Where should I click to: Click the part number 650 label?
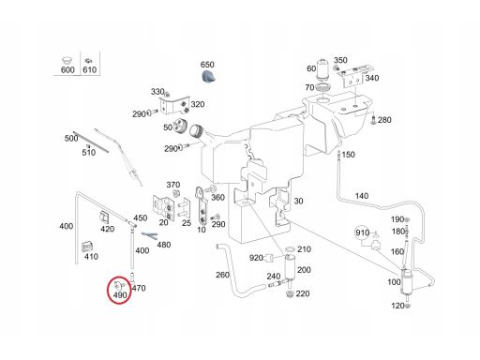pos(207,65)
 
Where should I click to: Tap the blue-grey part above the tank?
pos(208,77)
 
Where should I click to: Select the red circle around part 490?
pos(119,290)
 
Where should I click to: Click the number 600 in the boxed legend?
pos(67,69)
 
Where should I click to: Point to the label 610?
pos(90,69)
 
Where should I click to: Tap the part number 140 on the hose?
pos(362,196)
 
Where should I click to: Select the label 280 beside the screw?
pos(384,120)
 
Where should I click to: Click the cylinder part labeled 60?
pos(323,70)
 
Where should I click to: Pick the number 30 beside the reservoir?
pos(298,201)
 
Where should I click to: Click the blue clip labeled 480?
pos(149,235)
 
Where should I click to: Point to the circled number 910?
pos(362,232)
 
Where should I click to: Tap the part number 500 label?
pos(71,138)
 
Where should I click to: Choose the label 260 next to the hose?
pos(222,275)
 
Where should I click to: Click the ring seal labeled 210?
pos(291,249)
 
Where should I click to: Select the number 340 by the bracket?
pos(372,78)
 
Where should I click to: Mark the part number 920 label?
pos(256,258)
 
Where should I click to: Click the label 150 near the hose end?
pos(348,155)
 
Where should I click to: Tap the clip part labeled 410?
pos(87,247)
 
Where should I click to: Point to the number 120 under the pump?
pos(397,306)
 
